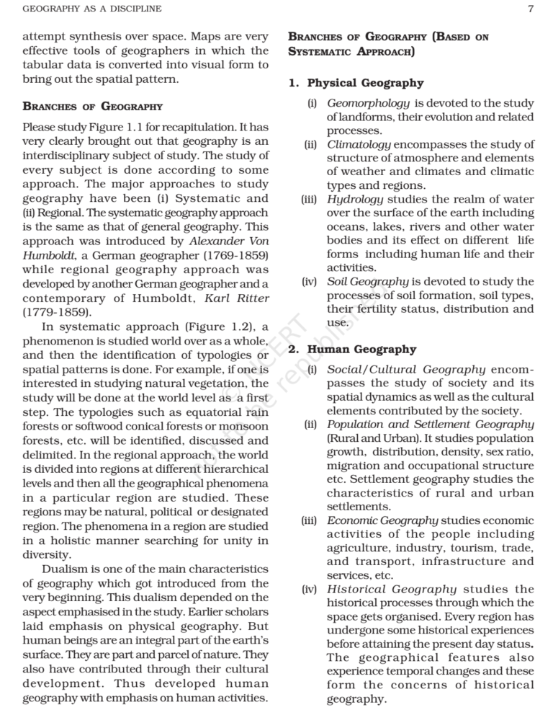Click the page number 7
pos(530,9)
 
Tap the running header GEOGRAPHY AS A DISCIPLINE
pos(92,9)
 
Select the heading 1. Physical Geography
pos(356,83)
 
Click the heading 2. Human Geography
pos(352,350)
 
